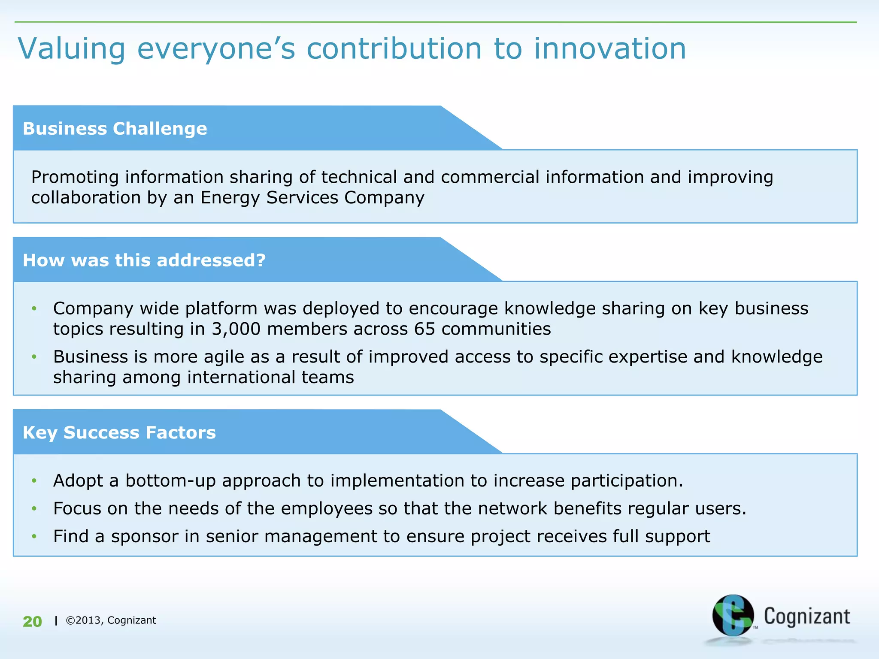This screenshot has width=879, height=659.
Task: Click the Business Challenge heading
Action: point(115,129)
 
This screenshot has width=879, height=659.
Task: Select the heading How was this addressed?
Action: point(144,260)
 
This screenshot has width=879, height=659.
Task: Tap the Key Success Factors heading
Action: point(119,432)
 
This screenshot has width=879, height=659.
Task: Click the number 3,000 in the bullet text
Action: point(236,329)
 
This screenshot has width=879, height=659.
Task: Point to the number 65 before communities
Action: point(425,329)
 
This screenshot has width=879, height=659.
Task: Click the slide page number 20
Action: point(32,622)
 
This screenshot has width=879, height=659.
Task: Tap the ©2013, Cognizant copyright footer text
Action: point(111,620)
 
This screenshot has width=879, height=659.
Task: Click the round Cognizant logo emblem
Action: point(733,615)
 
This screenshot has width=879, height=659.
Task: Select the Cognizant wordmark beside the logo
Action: point(806,617)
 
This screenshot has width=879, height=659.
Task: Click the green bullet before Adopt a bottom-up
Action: point(34,481)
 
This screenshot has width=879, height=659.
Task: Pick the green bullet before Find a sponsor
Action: point(34,536)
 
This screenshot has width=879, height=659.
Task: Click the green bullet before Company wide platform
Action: point(34,308)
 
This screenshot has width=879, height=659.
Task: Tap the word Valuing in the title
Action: point(72,48)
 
